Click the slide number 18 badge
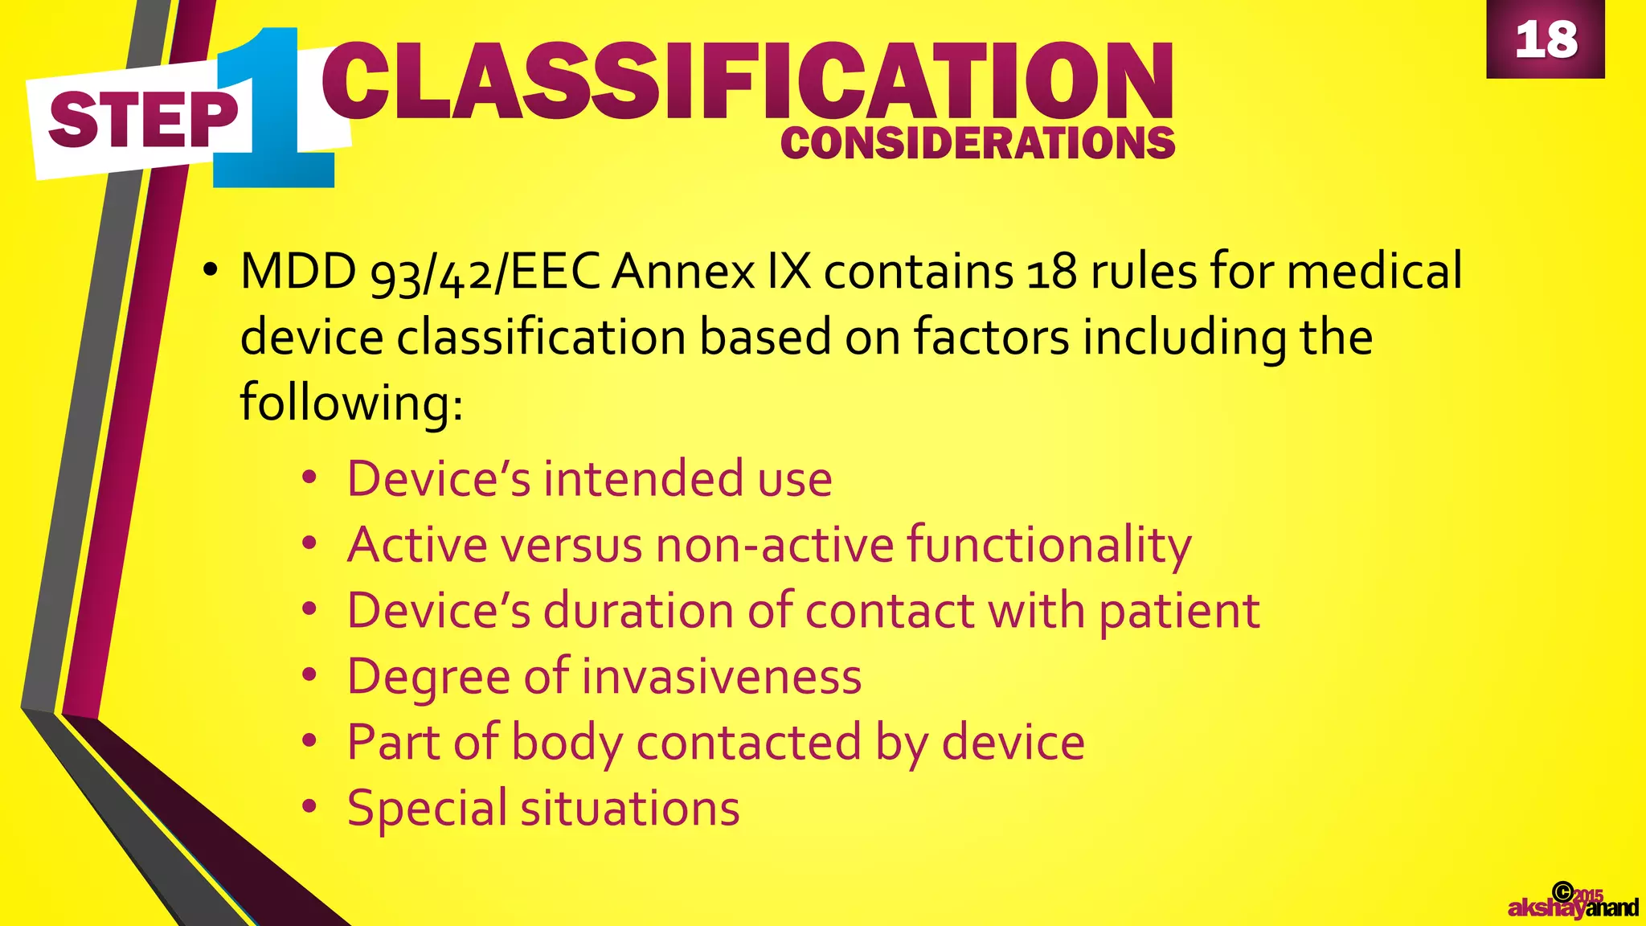pos(1545,39)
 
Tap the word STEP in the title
pos(143,121)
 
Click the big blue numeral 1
pos(273,109)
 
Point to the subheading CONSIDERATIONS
pos(977,144)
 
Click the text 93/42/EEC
pos(485,272)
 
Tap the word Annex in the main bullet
pos(683,272)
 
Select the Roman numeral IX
pos(789,272)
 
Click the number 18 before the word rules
pos(1051,272)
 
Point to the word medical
pos(1374,272)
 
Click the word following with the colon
pos(351,403)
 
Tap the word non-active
pos(775,545)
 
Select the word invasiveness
pos(722,677)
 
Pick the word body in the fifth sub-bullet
pos(567,743)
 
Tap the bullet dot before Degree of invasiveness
pos(310,677)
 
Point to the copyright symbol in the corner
pos(1562,891)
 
